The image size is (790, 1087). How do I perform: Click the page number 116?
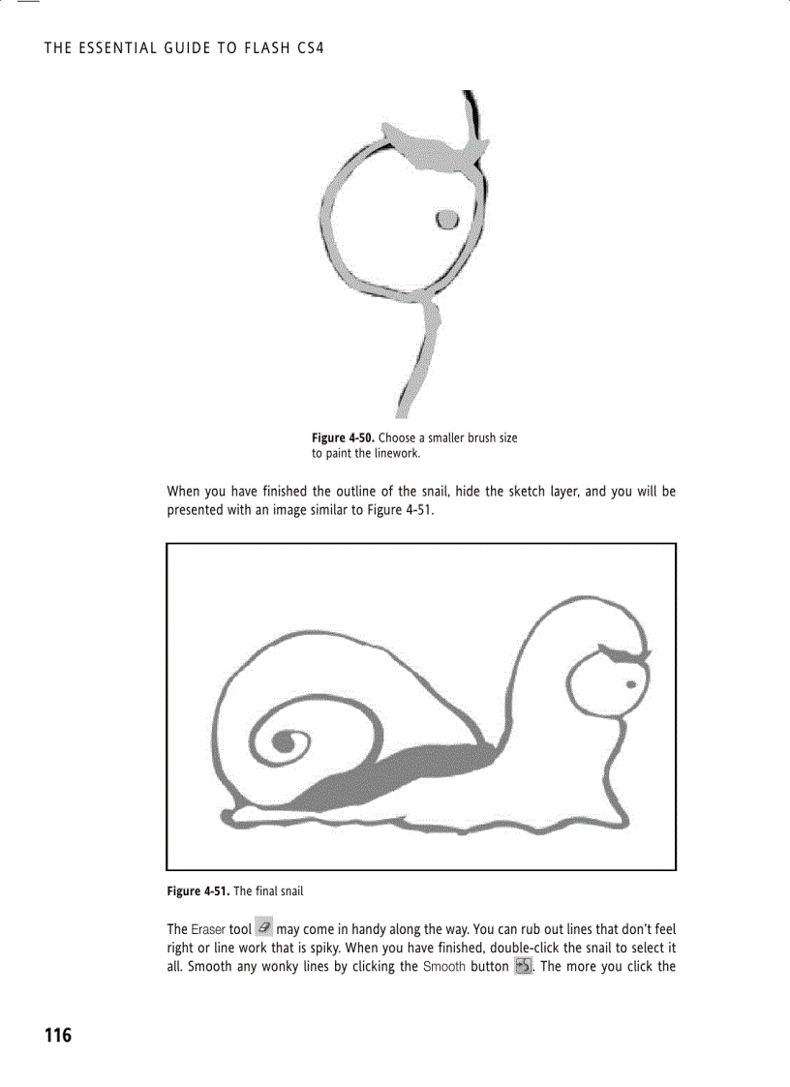click(58, 1036)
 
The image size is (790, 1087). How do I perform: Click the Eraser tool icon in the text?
click(264, 928)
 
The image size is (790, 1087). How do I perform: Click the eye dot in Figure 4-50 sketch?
click(446, 219)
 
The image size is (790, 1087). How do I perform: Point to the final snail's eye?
click(630, 684)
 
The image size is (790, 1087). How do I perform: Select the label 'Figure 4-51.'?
click(197, 891)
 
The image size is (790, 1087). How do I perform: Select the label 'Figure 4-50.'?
click(342, 438)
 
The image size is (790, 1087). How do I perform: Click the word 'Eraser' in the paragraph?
click(208, 929)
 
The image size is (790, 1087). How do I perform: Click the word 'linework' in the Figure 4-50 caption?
click(397, 452)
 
